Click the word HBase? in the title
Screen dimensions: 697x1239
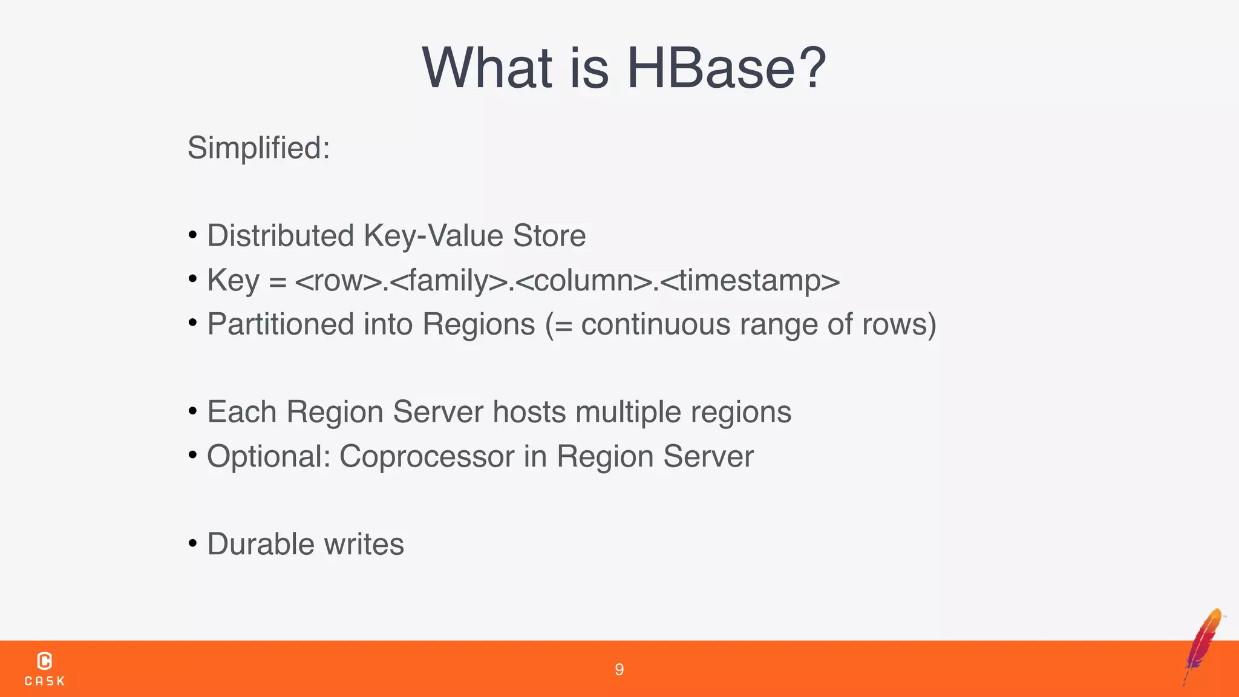pyautogui.click(x=726, y=68)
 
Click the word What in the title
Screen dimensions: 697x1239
pyautogui.click(x=487, y=68)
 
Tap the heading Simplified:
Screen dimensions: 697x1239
pyautogui.click(x=258, y=148)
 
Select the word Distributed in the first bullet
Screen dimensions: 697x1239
pyautogui.click(x=280, y=235)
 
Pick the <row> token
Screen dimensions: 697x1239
pyautogui.click(x=339, y=280)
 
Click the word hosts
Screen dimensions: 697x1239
pyautogui.click(x=529, y=412)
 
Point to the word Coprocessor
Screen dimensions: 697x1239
pyautogui.click(x=427, y=457)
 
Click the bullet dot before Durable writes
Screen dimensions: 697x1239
pyautogui.click(x=192, y=543)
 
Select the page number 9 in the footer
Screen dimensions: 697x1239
pyautogui.click(x=619, y=669)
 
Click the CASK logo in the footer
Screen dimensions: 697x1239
pyautogui.click(x=44, y=669)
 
